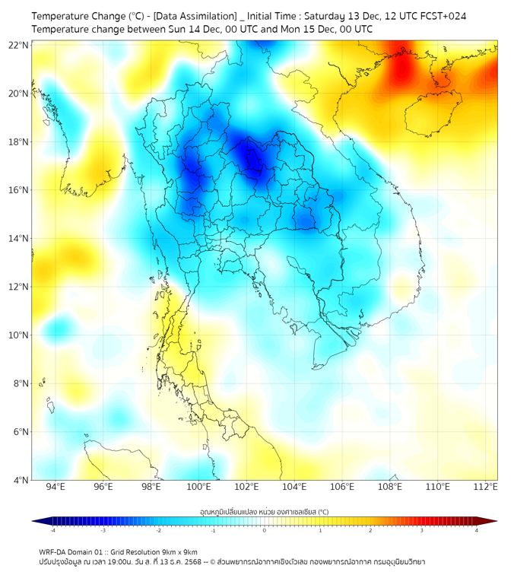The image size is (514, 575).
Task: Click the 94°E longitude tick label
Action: click(x=56, y=487)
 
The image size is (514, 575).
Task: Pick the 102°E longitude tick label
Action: click(x=246, y=487)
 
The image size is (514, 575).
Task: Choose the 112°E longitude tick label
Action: click(x=485, y=487)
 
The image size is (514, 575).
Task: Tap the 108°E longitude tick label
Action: click(x=389, y=487)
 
